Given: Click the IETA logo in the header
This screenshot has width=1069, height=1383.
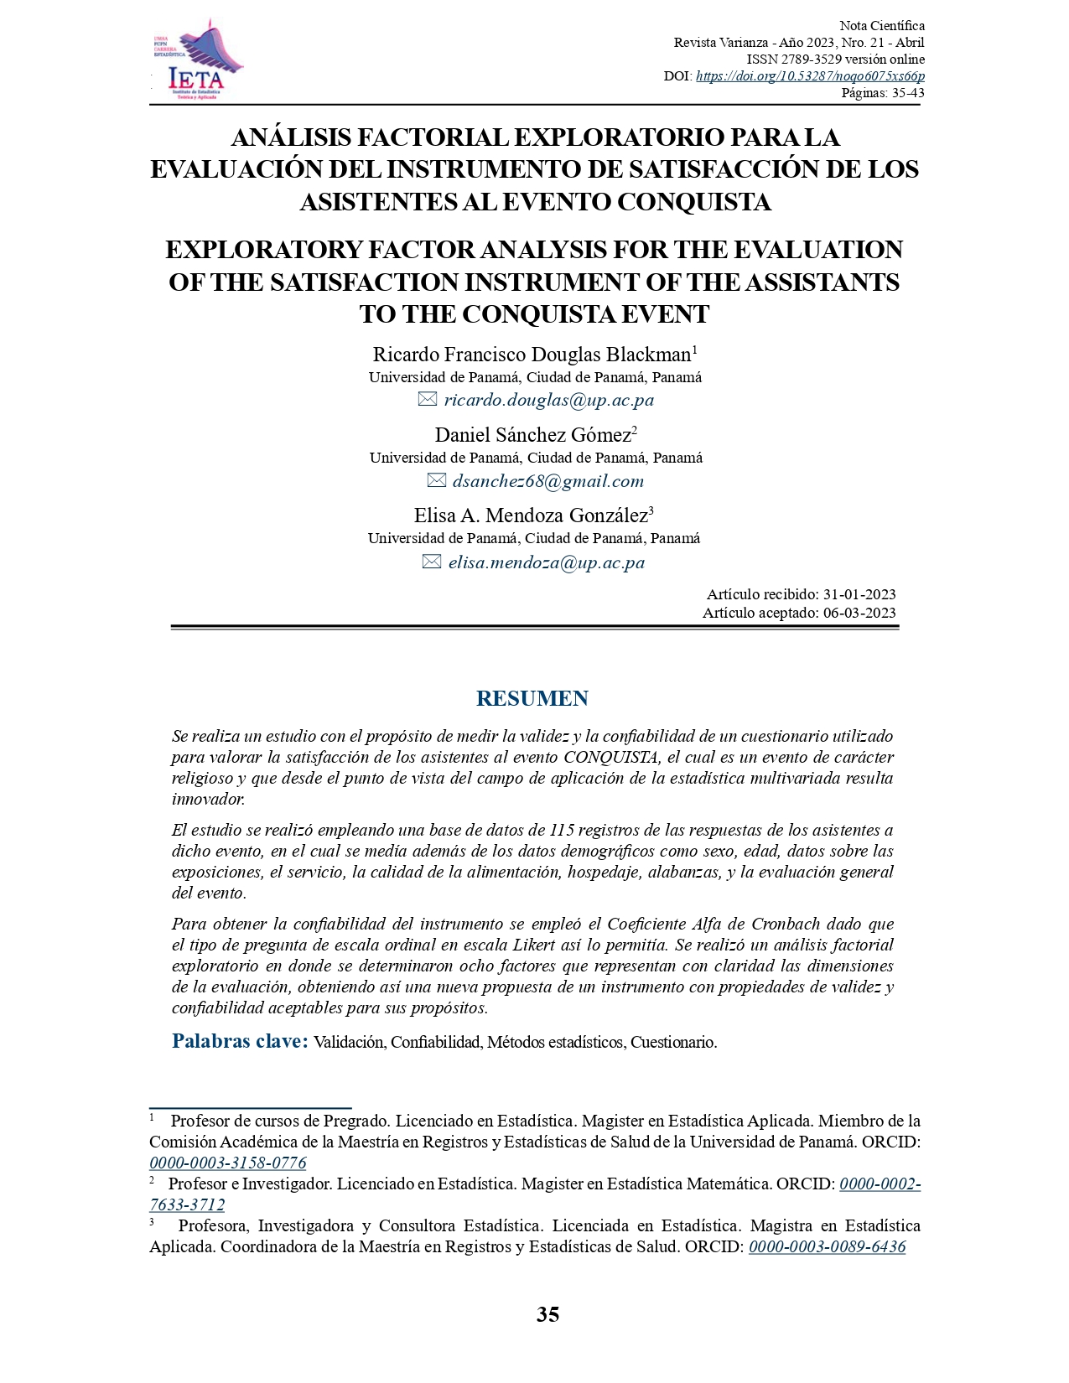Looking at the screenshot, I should coord(196,60).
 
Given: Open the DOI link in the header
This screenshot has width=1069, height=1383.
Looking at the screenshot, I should coord(810,76).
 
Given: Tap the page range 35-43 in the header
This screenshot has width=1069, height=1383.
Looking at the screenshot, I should coord(908,93).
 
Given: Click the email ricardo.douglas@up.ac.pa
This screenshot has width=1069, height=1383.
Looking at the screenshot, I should coord(548,400).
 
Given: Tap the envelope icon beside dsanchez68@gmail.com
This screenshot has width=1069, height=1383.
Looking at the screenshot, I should coord(436,481).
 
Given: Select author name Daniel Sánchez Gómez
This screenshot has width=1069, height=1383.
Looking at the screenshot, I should coord(532,435).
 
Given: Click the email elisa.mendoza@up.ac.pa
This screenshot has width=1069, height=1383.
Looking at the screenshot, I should coord(546,562).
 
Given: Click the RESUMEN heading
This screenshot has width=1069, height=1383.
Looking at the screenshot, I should coord(532,698).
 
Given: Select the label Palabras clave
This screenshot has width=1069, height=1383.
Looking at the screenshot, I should coord(240,1041).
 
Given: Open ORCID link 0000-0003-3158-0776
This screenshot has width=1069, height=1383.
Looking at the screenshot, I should coord(228,1163).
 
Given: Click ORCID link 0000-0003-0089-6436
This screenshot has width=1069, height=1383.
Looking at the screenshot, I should coord(827,1247).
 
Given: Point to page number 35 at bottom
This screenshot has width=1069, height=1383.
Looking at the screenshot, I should coord(547,1314).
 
